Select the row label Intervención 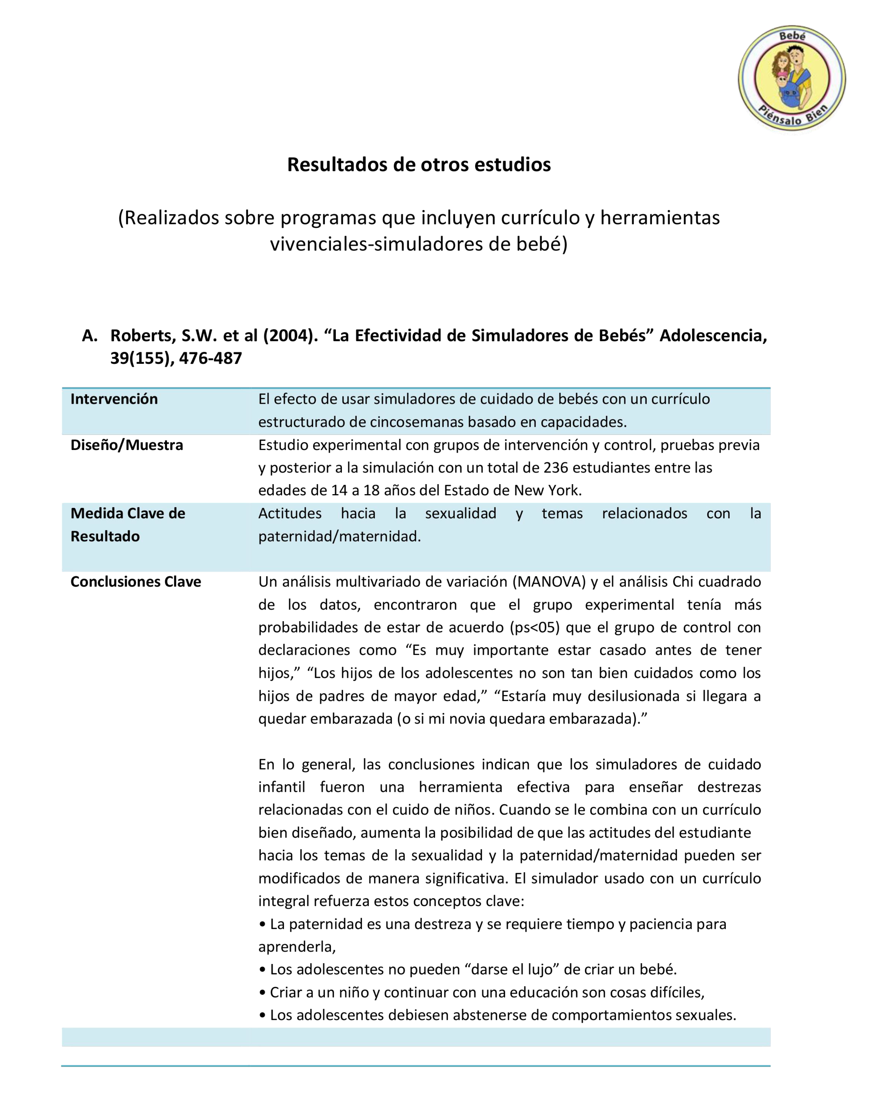(114, 399)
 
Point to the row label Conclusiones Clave (136, 582)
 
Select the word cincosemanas (413, 422)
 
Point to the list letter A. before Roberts (90, 335)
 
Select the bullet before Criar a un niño (262, 993)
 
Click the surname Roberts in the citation (143, 335)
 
